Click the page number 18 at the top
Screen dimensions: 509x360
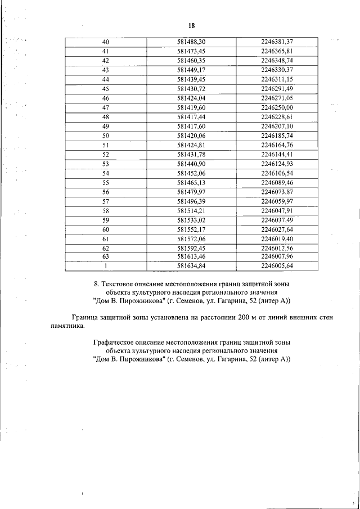[x=191, y=25]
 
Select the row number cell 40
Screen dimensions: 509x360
[x=105, y=42]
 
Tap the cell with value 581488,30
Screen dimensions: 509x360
[x=191, y=42]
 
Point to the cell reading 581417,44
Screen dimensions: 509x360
[x=191, y=117]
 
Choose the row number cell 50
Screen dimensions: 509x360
[x=105, y=136]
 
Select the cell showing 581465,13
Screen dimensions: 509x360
[x=191, y=182]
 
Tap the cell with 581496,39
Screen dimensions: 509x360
[x=191, y=201]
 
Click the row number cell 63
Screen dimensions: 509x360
[x=105, y=256]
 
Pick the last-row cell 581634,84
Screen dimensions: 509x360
[x=191, y=266]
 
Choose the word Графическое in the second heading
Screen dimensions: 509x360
[x=116, y=342]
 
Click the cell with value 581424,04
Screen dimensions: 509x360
[x=191, y=98]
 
